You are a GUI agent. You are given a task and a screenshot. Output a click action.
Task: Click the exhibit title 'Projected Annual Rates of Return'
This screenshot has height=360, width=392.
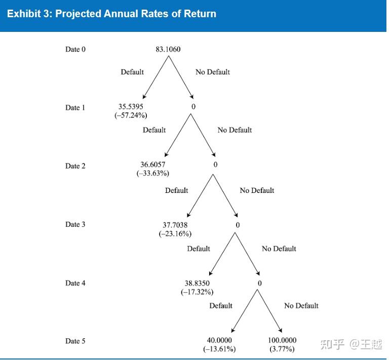pos(111,14)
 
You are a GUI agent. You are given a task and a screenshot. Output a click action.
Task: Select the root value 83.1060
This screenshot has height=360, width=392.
pos(168,49)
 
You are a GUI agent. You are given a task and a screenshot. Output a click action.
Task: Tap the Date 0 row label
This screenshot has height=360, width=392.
pos(75,49)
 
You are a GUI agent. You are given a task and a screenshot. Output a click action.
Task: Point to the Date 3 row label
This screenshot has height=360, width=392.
pos(75,224)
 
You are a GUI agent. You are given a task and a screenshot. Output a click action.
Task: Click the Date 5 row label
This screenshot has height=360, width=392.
pos(75,341)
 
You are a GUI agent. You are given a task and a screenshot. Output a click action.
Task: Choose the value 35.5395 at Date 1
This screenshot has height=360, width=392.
pos(131,107)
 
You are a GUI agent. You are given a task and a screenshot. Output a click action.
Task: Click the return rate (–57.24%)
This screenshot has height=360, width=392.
pos(131,115)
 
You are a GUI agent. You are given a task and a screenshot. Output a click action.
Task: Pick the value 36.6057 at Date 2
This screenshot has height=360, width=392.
pos(153,165)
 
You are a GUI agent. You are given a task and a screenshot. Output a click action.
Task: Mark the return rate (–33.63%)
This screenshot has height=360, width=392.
pos(153,173)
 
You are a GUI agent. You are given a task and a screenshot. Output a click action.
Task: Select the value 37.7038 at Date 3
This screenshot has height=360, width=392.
pos(175,224)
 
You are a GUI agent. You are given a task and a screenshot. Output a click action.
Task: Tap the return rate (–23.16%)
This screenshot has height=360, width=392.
pos(175,233)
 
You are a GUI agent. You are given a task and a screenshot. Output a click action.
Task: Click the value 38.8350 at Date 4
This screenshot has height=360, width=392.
pos(197,283)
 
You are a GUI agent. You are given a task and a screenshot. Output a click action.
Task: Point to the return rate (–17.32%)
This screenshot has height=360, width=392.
pos(197,292)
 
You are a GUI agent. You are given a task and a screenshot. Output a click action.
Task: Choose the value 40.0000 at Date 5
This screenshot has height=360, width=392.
pos(219,340)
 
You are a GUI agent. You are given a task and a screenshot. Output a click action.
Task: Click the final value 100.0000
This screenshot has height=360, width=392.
pos(282,340)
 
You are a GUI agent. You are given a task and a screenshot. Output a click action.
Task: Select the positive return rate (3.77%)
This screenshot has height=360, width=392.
pos(282,349)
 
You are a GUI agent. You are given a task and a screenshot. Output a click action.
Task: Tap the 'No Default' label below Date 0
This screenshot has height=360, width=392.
pos(213,72)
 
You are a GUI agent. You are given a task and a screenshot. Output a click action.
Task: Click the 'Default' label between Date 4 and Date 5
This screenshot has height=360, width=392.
pos(221,305)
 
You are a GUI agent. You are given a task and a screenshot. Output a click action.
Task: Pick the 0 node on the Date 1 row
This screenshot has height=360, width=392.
pos(193,107)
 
